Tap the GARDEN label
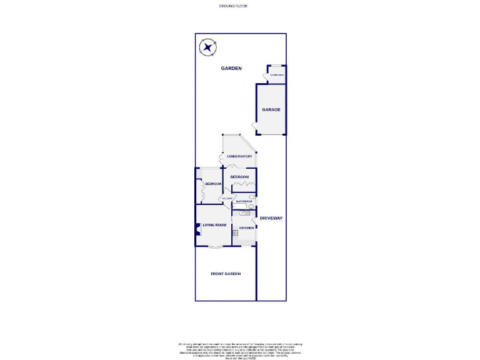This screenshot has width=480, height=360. (231, 69)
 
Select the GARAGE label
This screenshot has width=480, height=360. (271, 109)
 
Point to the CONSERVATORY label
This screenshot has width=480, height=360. (239, 156)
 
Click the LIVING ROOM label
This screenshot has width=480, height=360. (214, 224)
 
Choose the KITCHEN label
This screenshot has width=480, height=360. (246, 228)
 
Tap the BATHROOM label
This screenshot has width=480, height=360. (244, 201)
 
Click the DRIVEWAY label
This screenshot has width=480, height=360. (272, 218)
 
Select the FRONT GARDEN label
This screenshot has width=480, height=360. (226, 274)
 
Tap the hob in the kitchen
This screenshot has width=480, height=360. (236, 232)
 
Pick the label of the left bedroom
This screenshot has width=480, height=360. (214, 184)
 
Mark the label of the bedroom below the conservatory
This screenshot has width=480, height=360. (239, 177)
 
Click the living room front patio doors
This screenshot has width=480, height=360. (214, 247)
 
